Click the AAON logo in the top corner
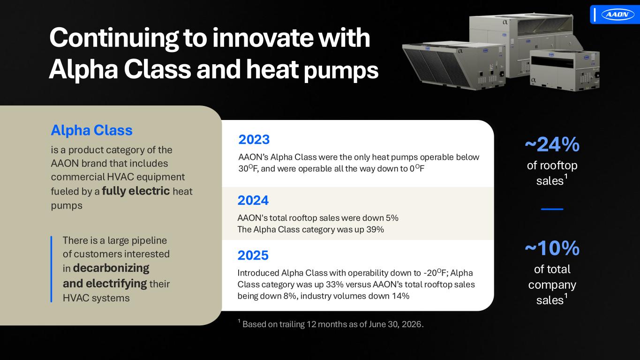pyautogui.click(x=617, y=14)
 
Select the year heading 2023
pyautogui.click(x=254, y=140)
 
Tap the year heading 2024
pyautogui.click(x=253, y=201)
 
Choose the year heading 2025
pyautogui.click(x=253, y=255)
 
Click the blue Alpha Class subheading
pyautogui.click(x=92, y=130)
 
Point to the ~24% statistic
pyautogui.click(x=552, y=145)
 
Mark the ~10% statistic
pyautogui.click(x=552, y=248)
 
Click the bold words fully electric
pyautogui.click(x=136, y=191)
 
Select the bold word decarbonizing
pyautogui.click(x=111, y=268)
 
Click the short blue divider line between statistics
pyautogui.click(x=552, y=209)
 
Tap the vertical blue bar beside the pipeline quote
pyautogui.click(x=52, y=269)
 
